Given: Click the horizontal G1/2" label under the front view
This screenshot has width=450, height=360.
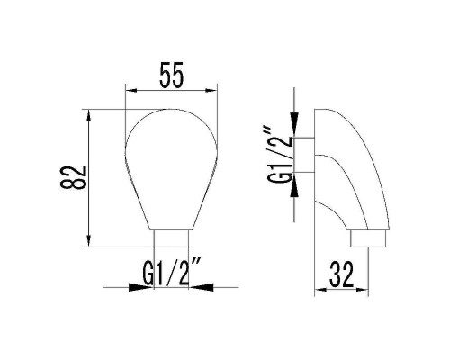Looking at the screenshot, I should pos(171,273).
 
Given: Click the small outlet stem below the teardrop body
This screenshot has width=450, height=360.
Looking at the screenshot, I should pos(171,237).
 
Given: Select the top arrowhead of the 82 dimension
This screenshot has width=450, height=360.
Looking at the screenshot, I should pos(89,115).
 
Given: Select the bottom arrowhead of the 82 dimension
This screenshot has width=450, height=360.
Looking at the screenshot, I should pos(89,239).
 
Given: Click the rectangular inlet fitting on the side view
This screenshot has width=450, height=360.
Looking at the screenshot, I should pos(307,155).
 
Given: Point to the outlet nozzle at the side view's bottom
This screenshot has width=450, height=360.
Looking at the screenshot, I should pos(366,239).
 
